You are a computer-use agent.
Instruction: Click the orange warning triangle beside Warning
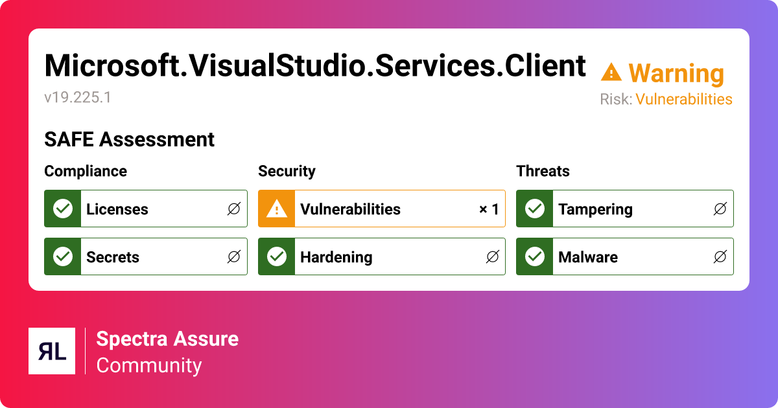[611, 72]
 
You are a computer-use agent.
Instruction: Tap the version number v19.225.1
[78, 98]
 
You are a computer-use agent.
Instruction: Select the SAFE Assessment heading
[129, 139]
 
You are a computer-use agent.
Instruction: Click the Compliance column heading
[86, 171]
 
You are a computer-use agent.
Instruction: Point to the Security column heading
[287, 171]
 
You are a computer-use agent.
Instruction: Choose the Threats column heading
[543, 171]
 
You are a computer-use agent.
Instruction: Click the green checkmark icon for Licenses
[63, 209]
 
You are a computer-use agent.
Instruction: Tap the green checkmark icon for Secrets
[63, 256]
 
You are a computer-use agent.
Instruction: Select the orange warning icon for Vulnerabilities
[277, 209]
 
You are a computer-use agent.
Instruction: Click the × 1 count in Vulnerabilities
[489, 209]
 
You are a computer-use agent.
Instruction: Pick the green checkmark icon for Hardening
[277, 256]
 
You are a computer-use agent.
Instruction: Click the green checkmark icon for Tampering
[535, 209]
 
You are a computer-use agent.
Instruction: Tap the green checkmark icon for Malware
[535, 256]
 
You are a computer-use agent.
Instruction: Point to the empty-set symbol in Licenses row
[234, 209]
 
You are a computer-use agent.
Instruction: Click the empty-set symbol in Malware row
[720, 257]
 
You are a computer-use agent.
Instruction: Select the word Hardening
[336, 257]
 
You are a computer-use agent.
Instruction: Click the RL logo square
[52, 351]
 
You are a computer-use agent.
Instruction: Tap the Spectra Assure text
[167, 339]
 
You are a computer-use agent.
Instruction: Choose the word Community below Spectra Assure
[149, 365]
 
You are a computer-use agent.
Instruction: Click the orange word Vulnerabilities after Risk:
[683, 99]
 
